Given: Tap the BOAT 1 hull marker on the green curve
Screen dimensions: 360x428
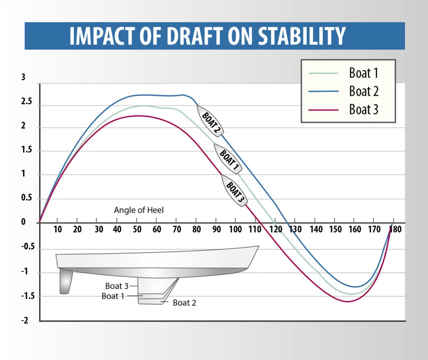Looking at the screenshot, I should coord(228,159).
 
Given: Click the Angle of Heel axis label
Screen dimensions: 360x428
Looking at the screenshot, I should coord(139,210).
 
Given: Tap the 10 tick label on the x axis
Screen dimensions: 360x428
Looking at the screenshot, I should coord(58,229).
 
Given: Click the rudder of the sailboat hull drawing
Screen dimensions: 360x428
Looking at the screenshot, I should coord(65,281).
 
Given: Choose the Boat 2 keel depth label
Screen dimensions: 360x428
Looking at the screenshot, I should coord(184,303).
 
